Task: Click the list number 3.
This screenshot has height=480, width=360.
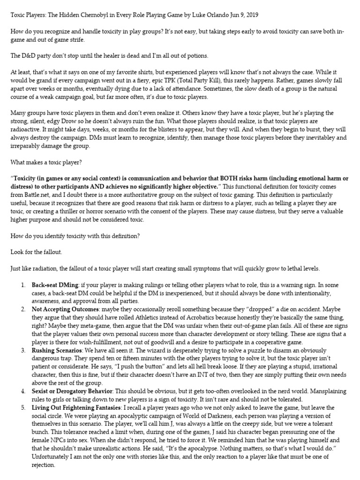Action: point(23,349)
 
